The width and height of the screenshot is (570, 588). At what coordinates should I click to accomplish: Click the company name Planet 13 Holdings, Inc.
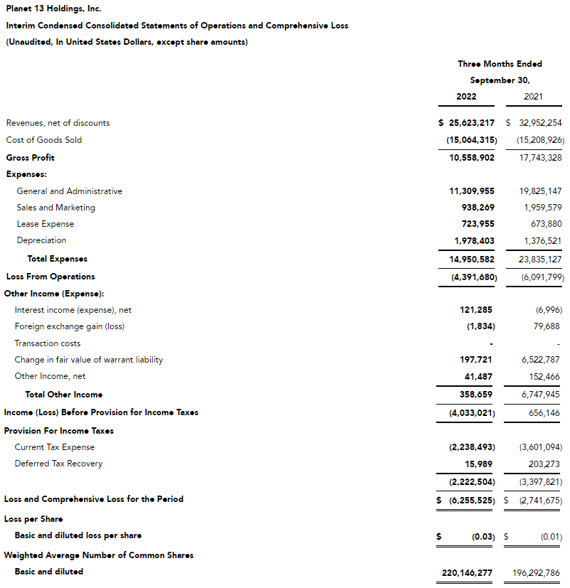point(53,9)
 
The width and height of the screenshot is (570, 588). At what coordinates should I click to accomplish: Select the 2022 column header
point(466,97)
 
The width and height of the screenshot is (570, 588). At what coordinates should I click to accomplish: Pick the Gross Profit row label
point(30,158)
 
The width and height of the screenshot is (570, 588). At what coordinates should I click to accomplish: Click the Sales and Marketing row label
point(56,208)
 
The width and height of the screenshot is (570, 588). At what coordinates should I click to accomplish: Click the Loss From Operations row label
point(50,277)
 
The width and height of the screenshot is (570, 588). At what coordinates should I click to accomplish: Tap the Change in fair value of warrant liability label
point(88,360)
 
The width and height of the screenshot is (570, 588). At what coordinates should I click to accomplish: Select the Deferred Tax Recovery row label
point(58,464)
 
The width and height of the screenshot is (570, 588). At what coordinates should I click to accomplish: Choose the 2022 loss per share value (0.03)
point(482,535)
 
